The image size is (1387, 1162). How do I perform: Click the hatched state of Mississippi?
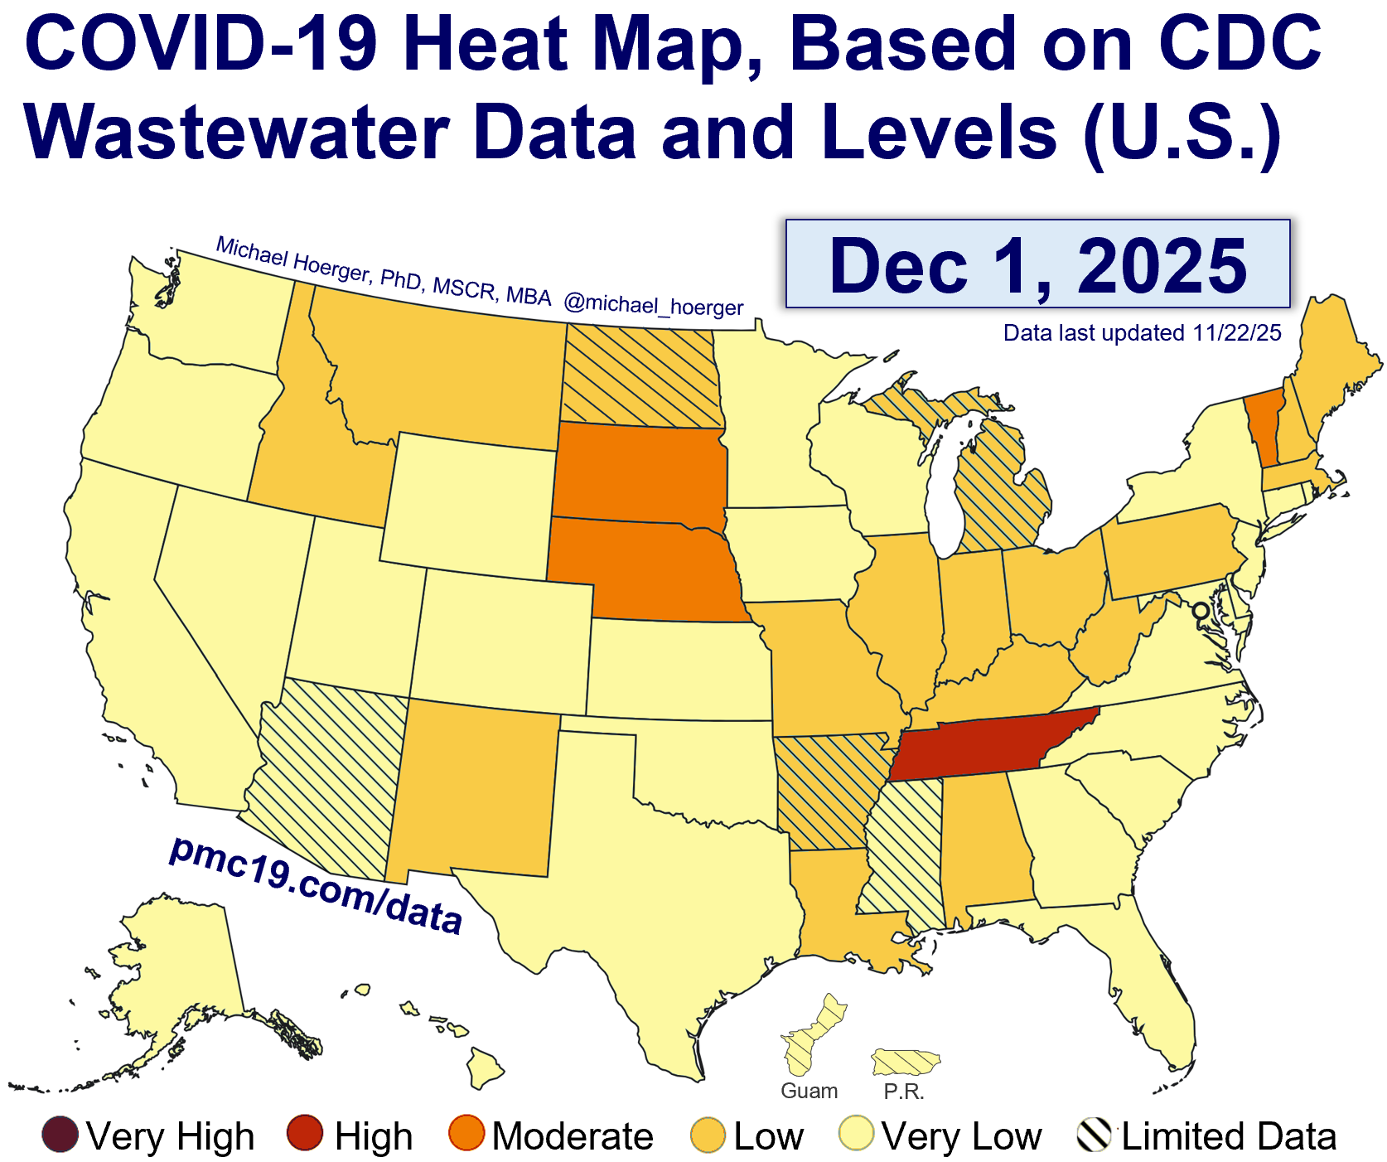click(x=903, y=854)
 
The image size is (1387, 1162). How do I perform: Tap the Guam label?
click(x=809, y=1091)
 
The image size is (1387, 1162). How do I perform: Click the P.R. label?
click(x=903, y=1092)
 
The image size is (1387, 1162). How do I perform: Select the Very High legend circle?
click(x=60, y=1135)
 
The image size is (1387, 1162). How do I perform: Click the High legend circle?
click(x=305, y=1135)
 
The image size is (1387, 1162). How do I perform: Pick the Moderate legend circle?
click(x=466, y=1135)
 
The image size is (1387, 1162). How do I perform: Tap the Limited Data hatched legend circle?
click(x=1094, y=1135)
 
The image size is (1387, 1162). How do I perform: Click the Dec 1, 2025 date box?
click(x=1037, y=264)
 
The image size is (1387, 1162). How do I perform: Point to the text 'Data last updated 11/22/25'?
click(x=1142, y=333)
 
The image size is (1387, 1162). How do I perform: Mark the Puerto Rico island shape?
click(x=906, y=1061)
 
